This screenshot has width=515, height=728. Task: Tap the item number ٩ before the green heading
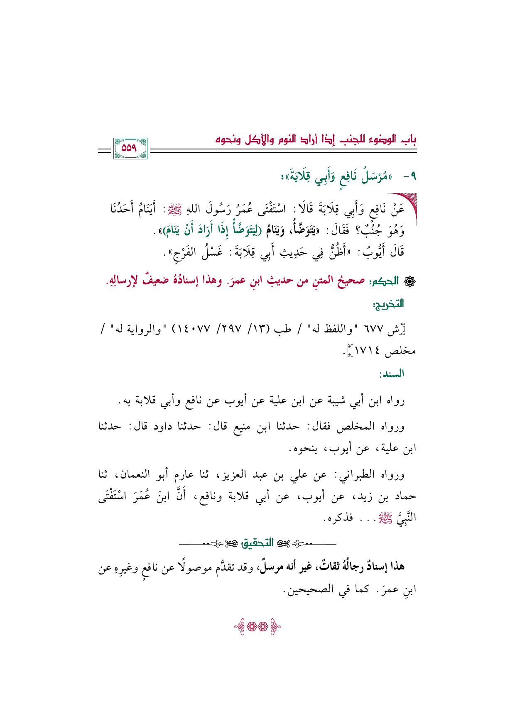coord(410,177)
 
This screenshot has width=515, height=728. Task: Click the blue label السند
coord(392,374)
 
